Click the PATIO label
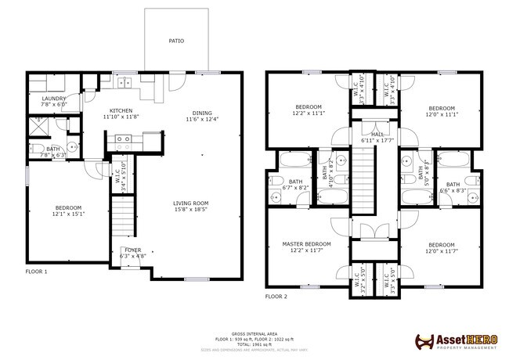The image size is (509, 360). tap(176, 40)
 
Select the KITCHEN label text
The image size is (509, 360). tap(121, 110)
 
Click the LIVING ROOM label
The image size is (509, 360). tap(192, 203)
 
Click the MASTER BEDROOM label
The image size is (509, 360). tap(306, 244)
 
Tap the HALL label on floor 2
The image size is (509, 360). tap(377, 134)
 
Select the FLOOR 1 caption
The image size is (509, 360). tap(36, 272)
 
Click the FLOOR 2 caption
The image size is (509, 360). tap(276, 297)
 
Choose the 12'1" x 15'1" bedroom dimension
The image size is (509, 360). tap(68, 213)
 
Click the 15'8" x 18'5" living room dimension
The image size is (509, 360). tap(192, 209)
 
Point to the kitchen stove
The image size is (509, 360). tap(123, 141)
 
